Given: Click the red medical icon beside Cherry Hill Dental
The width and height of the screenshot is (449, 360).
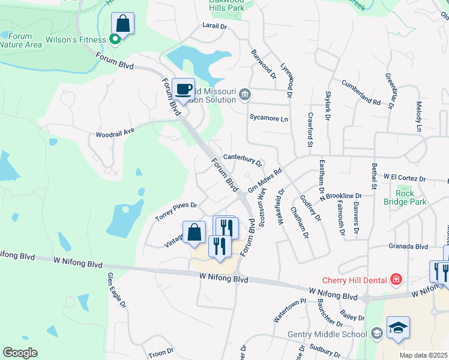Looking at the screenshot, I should click(396, 279).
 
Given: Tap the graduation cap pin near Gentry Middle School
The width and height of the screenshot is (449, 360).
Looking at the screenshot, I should click(398, 328).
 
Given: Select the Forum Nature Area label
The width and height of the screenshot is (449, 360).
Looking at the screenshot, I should click(20, 40).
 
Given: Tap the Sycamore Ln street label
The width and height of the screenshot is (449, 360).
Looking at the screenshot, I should click(268, 118).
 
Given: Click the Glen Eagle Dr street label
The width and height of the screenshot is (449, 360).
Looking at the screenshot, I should click(117, 290).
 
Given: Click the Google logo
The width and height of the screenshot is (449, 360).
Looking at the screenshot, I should click(20, 352).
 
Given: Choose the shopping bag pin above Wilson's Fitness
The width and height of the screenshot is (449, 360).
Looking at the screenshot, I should click(122, 24).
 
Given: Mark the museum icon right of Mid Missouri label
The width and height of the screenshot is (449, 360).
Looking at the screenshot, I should click(245, 94).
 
